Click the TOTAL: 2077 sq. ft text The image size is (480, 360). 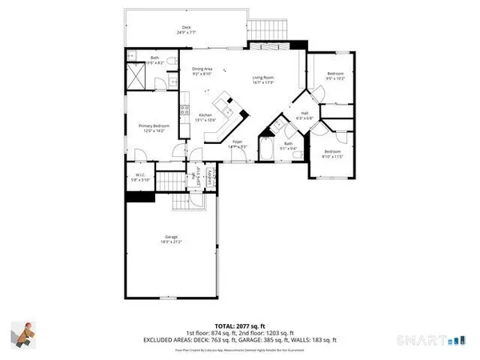tap(239, 317)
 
